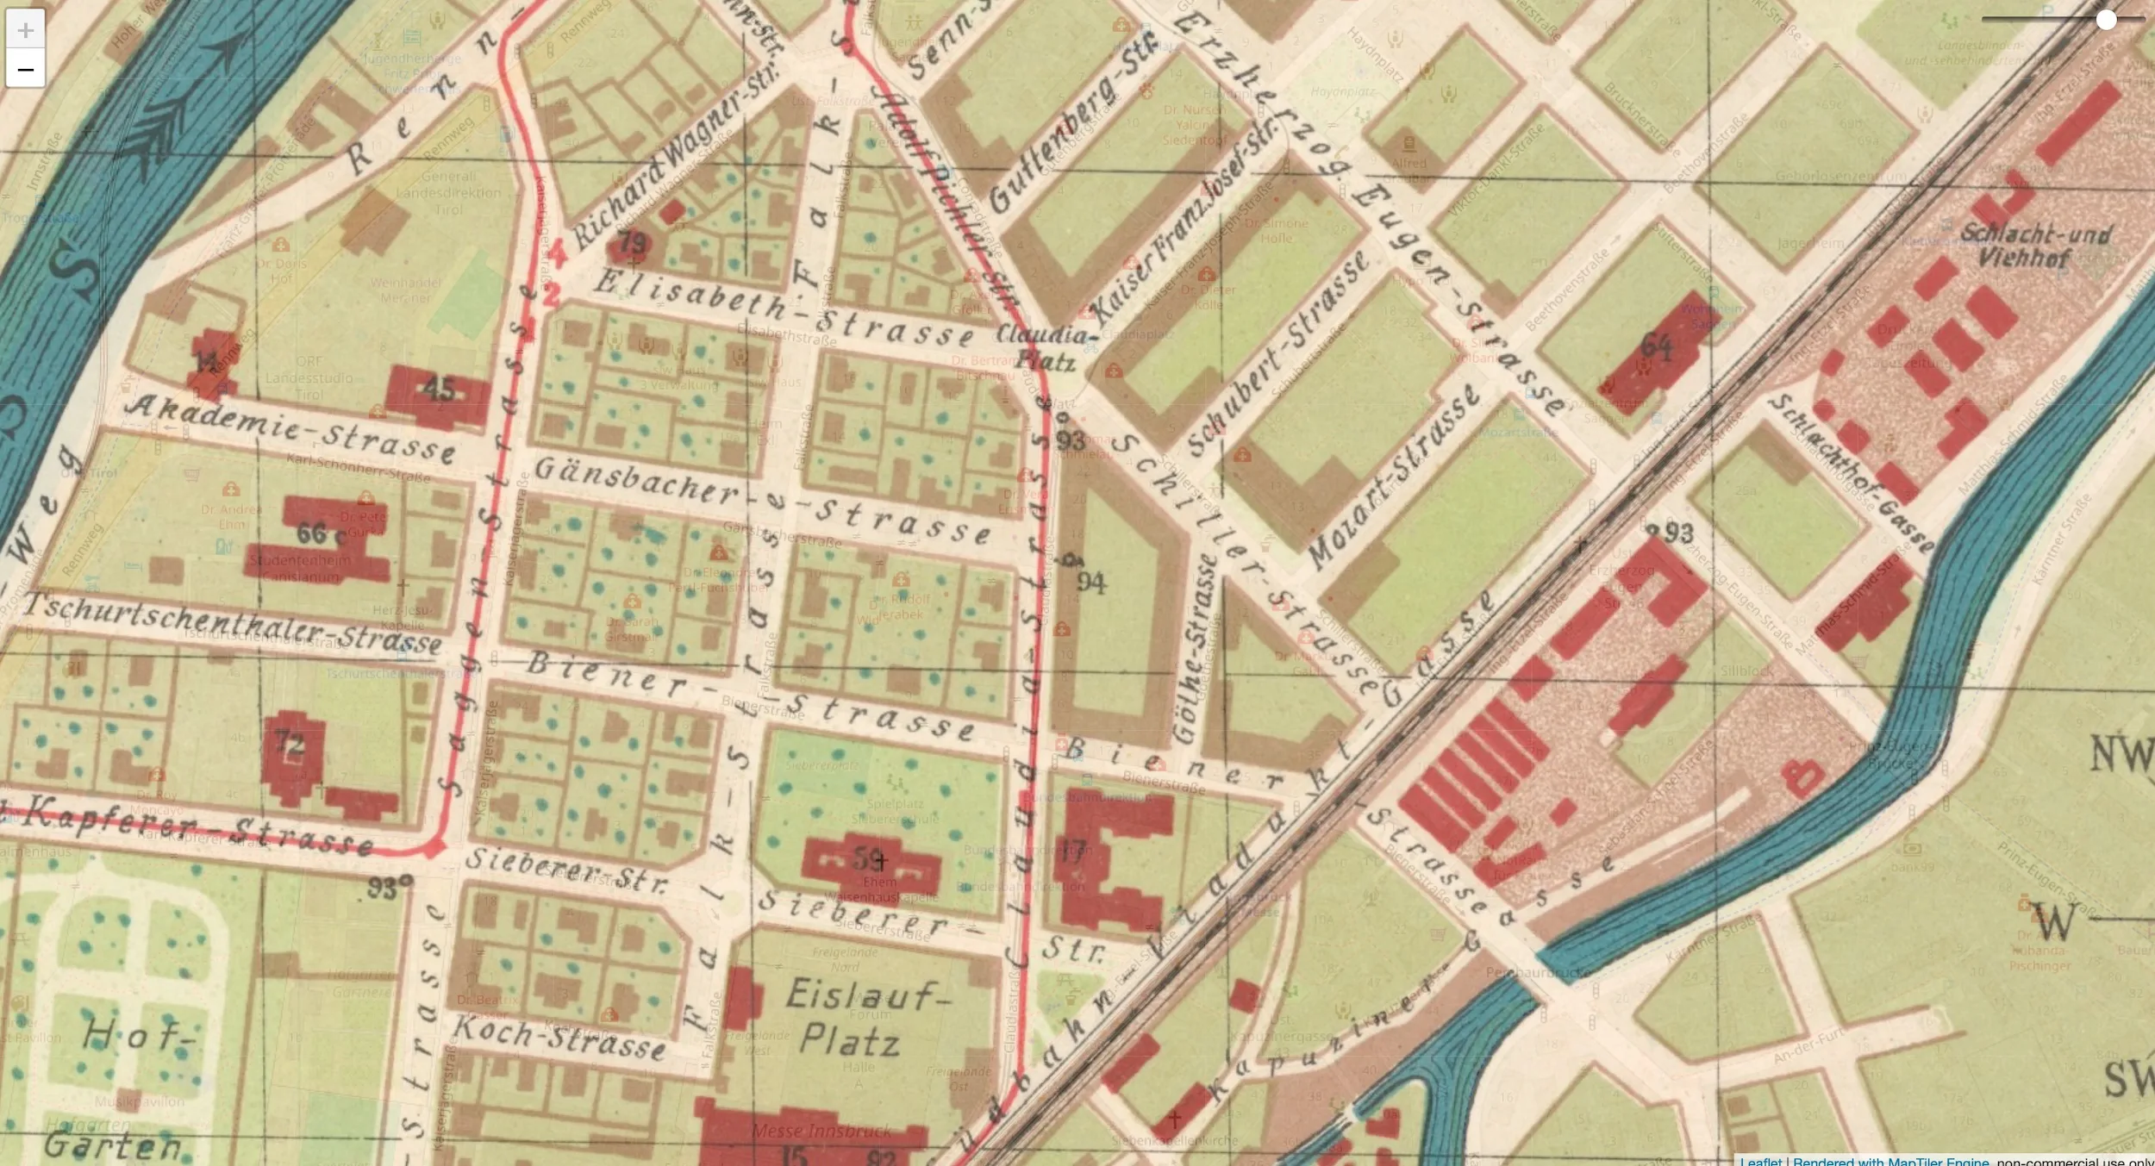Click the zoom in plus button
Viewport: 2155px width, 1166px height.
25,30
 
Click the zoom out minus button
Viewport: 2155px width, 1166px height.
25,69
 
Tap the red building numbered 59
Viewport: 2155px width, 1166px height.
869,861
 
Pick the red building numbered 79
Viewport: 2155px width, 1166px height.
632,244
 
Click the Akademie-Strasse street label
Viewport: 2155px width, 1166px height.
290,428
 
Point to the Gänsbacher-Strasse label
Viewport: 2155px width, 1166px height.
762,500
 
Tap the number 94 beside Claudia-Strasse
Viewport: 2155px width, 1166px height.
1090,583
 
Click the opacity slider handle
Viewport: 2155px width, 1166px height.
2106,20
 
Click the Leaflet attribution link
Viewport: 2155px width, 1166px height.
1760,1161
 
